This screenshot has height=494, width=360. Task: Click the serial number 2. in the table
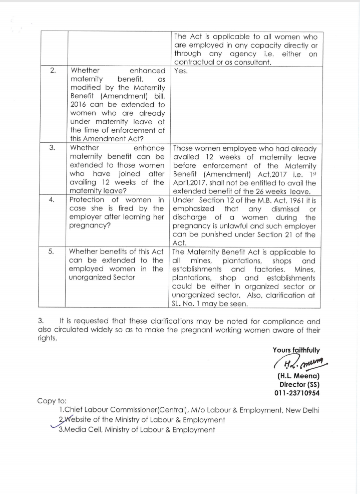[x=53, y=71]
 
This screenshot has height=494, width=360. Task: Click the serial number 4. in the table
[x=53, y=200]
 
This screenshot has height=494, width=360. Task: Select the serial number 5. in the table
[x=53, y=252]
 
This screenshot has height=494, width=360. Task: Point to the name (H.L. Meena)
[x=298, y=375]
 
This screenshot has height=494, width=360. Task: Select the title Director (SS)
[x=299, y=384]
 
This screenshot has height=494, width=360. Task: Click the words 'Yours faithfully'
[x=296, y=350]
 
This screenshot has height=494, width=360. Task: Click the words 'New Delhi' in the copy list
[x=301, y=410]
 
